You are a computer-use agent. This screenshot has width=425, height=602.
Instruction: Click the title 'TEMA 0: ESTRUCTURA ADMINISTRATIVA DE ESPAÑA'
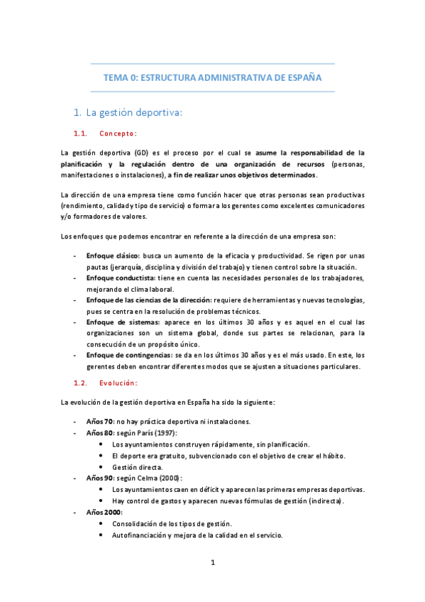pos(213,77)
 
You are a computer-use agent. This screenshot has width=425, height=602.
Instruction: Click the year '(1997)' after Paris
pos(165,433)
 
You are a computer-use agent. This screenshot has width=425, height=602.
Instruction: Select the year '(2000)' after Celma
pos(169,478)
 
